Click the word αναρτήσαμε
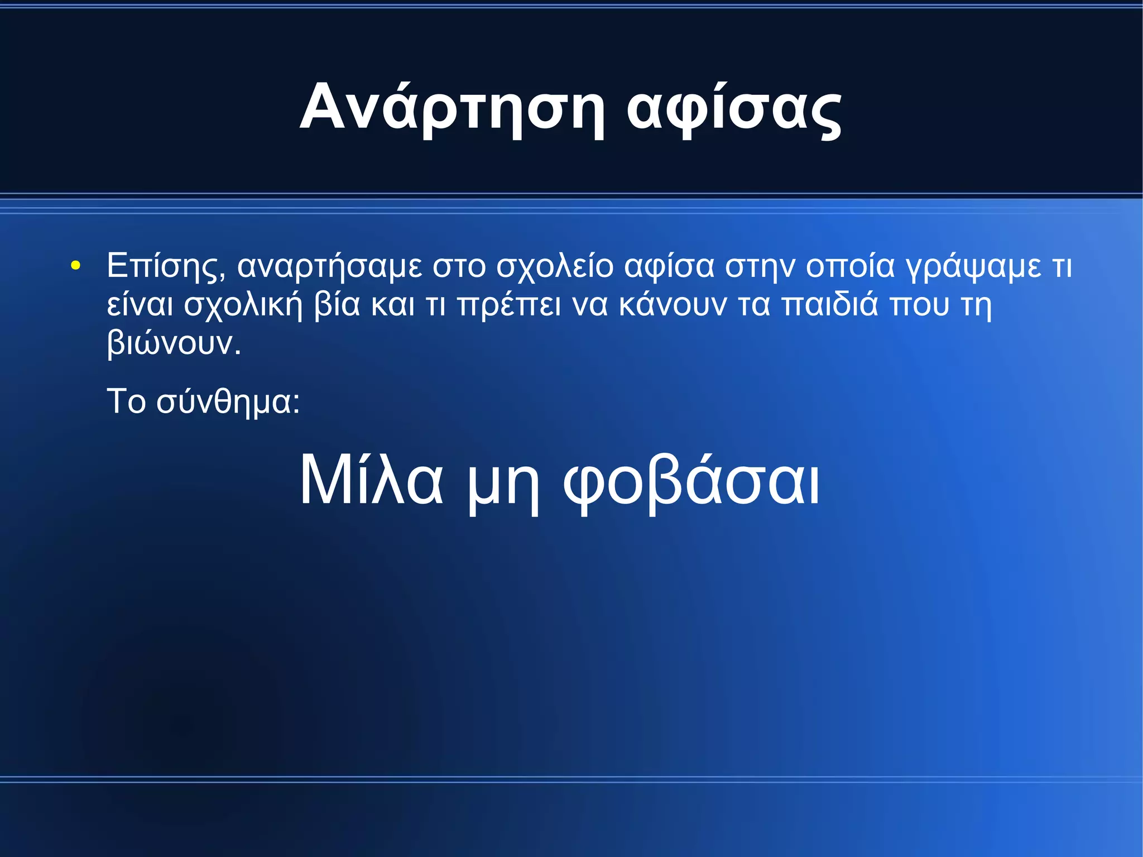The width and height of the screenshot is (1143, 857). pyautogui.click(x=330, y=266)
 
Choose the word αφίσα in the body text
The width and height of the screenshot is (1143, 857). pyautogui.click(x=669, y=266)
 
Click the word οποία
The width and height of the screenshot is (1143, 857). pyautogui.click(x=849, y=266)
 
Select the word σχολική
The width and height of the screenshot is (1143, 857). pyautogui.click(x=243, y=305)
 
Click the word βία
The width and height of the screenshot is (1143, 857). pyautogui.click(x=337, y=305)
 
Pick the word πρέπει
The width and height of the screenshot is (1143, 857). pyautogui.click(x=508, y=305)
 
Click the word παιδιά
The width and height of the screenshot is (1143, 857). pyautogui.click(x=829, y=305)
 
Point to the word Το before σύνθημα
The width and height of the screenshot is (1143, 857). pyautogui.click(x=126, y=401)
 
